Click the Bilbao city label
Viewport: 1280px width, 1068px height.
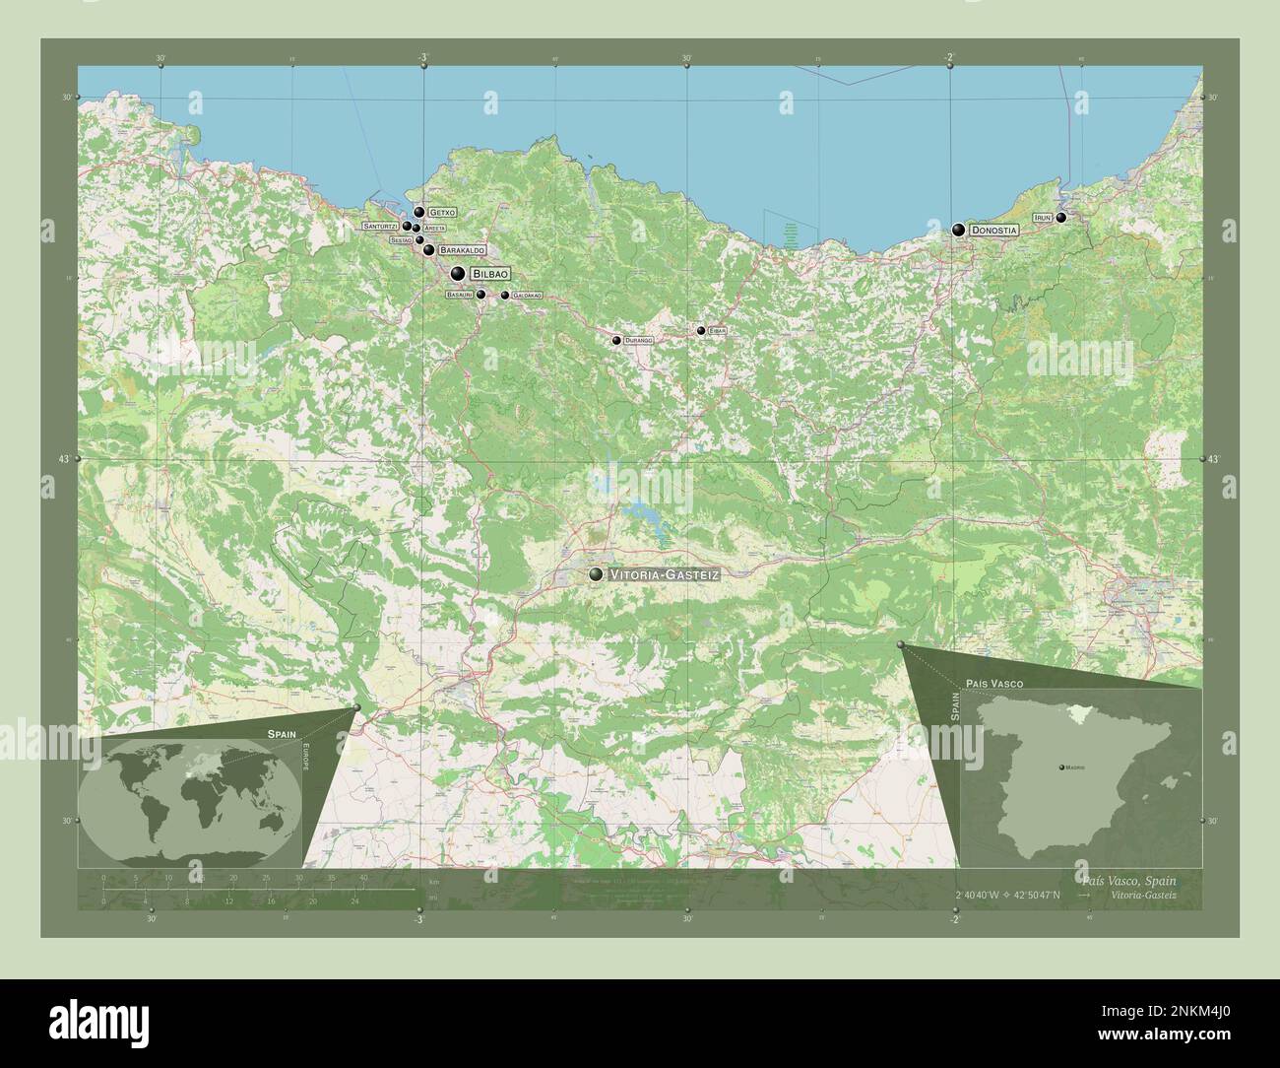[x=490, y=273]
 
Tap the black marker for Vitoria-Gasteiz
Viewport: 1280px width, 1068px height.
[x=596, y=574]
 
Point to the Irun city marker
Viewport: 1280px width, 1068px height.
[x=1060, y=218]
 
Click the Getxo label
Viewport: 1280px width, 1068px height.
[x=442, y=212]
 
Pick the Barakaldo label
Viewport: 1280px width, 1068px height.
[x=462, y=250]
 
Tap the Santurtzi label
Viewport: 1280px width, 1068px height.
[x=380, y=226]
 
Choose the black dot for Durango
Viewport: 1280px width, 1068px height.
[x=616, y=341]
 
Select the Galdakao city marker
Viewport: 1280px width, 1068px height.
[x=505, y=296]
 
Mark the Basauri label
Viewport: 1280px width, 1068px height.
[x=460, y=295]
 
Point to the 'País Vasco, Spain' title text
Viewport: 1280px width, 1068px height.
[x=1126, y=879]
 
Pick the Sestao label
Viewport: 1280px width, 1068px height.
[x=401, y=239]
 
